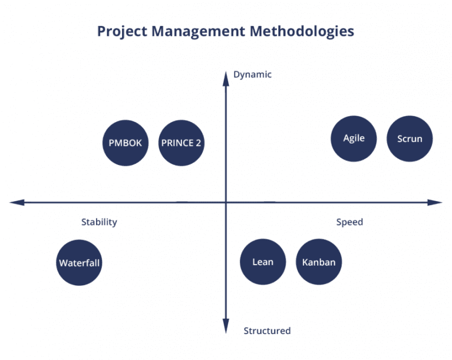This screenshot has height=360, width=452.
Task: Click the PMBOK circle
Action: click(125, 143)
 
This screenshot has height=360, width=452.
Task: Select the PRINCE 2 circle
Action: click(181, 143)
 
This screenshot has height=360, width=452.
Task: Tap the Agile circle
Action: click(354, 138)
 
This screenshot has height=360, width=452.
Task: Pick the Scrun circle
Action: click(410, 138)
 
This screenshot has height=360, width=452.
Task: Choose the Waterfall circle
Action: click(79, 263)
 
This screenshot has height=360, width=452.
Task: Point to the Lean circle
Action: click(263, 262)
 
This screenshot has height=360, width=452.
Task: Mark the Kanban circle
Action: click(319, 262)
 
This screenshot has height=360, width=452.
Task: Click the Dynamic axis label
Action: click(252, 75)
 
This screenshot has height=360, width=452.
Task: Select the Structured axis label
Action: click(267, 331)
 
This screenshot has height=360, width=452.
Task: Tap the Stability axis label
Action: click(99, 222)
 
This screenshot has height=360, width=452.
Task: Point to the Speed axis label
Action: click(350, 222)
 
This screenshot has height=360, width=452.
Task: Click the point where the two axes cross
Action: click(225, 202)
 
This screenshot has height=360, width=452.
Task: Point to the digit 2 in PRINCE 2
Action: click(198, 143)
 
